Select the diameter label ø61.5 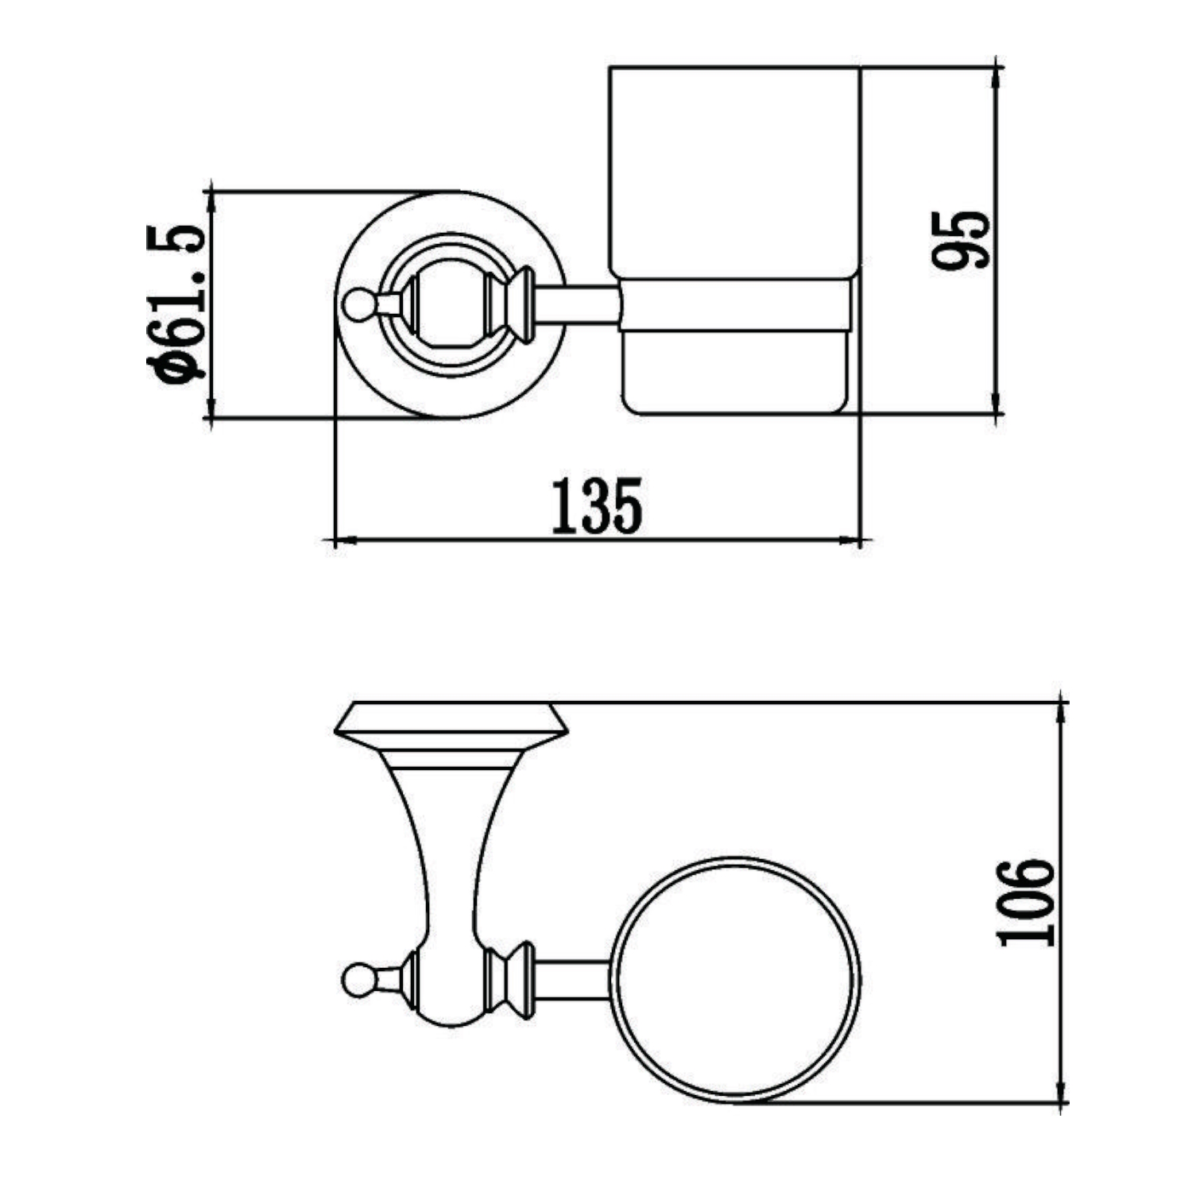coord(176,304)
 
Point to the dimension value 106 coord(1026,902)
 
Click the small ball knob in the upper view coord(357,304)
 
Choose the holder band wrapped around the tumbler coord(735,304)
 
